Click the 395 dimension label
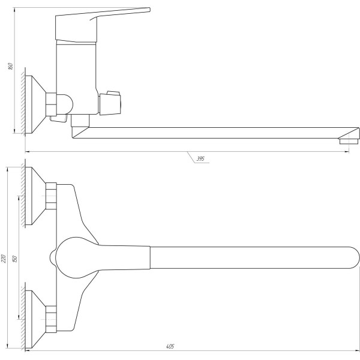click(x=200, y=158)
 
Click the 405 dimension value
click(x=170, y=346)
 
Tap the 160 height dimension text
click(x=11, y=66)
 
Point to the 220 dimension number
click(x=4, y=259)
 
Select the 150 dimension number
click(x=15, y=259)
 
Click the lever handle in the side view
click(x=103, y=25)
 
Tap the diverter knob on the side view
click(x=110, y=103)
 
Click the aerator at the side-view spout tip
click(x=349, y=141)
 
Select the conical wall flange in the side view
click(x=35, y=104)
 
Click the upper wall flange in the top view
click(x=35, y=196)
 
